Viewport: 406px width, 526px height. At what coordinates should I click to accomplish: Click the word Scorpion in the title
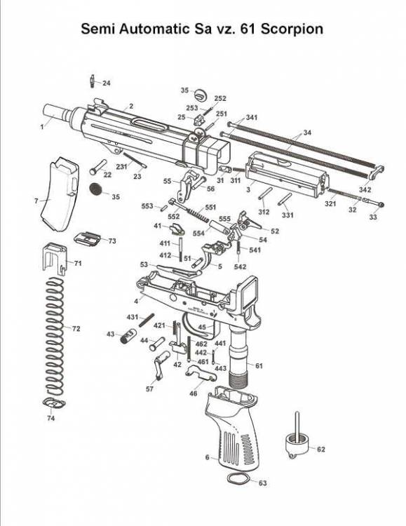coord(292,29)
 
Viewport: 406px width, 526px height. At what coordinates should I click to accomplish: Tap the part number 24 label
coord(107,83)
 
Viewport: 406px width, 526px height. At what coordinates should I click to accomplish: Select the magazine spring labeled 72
coord(55,336)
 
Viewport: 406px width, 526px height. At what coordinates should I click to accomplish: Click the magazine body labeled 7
coord(60,194)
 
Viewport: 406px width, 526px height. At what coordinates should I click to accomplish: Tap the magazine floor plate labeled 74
coord(54,403)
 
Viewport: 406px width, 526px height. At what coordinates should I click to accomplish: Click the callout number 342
coord(365,189)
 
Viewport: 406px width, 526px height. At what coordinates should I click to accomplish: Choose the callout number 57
coord(149,389)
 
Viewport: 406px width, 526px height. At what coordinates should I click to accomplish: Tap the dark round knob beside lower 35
coord(96,189)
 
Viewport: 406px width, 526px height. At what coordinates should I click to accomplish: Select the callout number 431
coord(133,317)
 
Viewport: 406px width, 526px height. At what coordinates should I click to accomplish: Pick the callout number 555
coord(224,219)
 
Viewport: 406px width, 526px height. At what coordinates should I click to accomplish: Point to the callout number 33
coord(373,217)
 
